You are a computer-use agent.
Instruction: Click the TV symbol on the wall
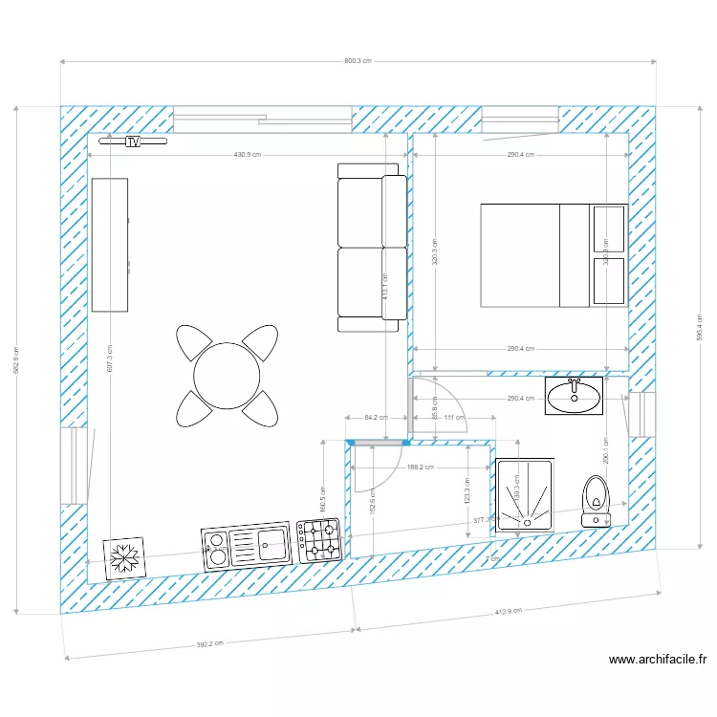133,141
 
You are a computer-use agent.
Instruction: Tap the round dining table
227,374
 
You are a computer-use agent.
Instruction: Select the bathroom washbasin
575,395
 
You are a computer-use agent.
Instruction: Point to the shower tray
525,495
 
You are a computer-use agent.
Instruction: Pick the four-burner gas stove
319,541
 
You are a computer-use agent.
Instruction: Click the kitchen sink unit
247,546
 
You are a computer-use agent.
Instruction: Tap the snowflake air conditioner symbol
124,557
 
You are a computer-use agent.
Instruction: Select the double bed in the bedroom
553,255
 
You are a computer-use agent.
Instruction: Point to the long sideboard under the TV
109,245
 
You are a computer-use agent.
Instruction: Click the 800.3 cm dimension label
358,60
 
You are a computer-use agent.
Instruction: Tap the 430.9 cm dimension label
247,155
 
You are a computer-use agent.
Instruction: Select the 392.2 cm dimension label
209,644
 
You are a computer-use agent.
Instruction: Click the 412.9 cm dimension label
508,612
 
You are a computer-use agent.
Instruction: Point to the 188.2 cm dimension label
421,467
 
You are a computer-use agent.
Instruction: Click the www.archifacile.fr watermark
658,659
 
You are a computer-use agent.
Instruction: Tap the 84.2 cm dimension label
376,417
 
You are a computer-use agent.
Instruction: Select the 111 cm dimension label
454,417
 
